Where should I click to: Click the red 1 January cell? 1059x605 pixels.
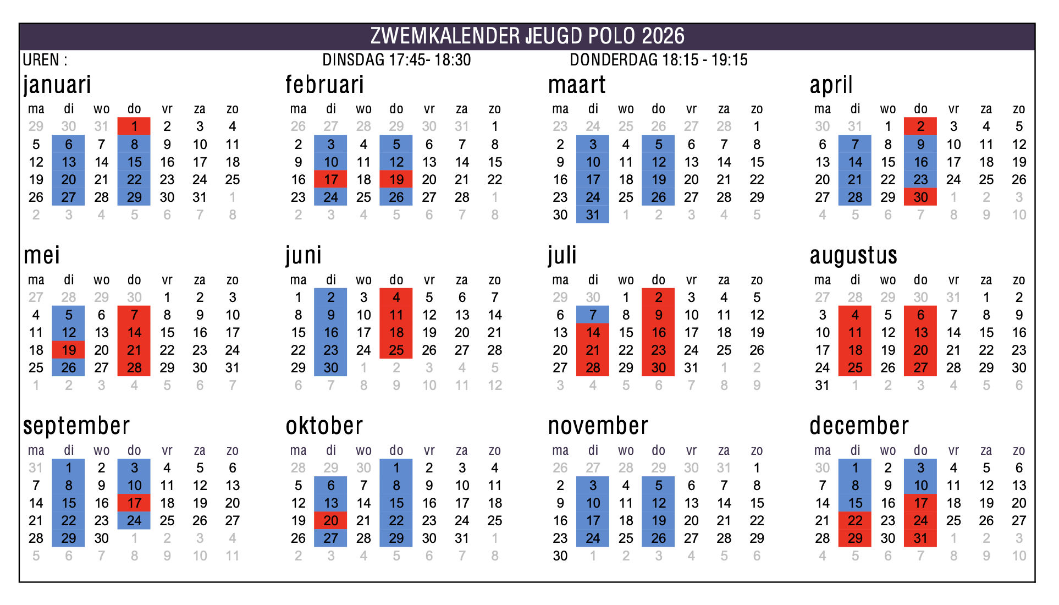(134, 127)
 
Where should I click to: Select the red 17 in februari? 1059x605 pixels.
(331, 179)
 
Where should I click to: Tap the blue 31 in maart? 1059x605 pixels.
(593, 215)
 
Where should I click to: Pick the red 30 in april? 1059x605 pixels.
(920, 197)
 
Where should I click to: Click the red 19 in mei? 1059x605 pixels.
(69, 350)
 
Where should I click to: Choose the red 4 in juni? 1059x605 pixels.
(396, 297)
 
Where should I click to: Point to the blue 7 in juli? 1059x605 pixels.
(593, 315)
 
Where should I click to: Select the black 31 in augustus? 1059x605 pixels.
(822, 385)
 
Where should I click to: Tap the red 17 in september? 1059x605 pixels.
(134, 503)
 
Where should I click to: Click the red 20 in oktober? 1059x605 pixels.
(331, 520)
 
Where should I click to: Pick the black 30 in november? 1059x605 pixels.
(560, 555)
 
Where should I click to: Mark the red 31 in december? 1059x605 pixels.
(920, 538)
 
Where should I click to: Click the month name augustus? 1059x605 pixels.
(853, 255)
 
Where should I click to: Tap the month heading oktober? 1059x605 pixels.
(324, 426)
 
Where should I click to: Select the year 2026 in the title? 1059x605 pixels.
(663, 36)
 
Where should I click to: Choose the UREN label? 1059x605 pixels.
(41, 60)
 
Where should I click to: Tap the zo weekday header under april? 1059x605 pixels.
(1019, 109)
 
